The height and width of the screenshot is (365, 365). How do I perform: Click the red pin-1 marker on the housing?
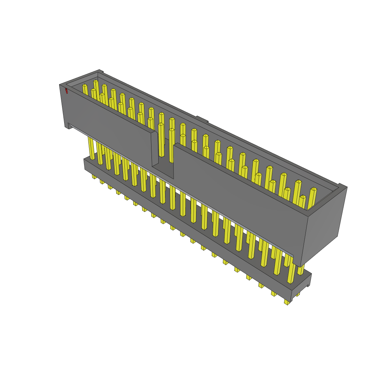point(66,91)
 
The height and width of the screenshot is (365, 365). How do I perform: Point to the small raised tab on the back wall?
point(202,119)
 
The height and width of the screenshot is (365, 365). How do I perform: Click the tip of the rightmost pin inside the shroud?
point(314,189)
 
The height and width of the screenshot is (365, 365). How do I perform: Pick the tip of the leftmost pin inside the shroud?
point(84,86)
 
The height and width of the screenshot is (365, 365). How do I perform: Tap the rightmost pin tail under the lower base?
point(287,302)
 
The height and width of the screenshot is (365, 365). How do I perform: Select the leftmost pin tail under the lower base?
point(94,176)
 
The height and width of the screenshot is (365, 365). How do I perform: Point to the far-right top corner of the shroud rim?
point(343,186)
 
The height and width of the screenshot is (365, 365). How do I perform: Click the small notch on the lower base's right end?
point(308,285)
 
